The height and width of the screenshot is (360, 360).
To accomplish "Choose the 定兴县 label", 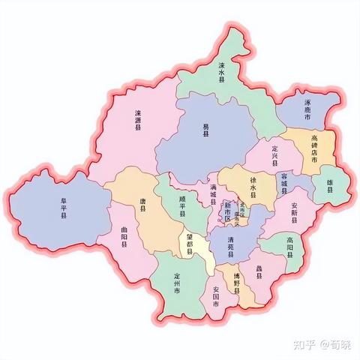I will click(275, 154).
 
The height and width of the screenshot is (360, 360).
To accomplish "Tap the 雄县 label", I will click(331, 185).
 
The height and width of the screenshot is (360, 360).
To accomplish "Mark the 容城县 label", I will click(284, 183).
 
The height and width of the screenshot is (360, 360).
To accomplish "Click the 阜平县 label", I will click(64, 208).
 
